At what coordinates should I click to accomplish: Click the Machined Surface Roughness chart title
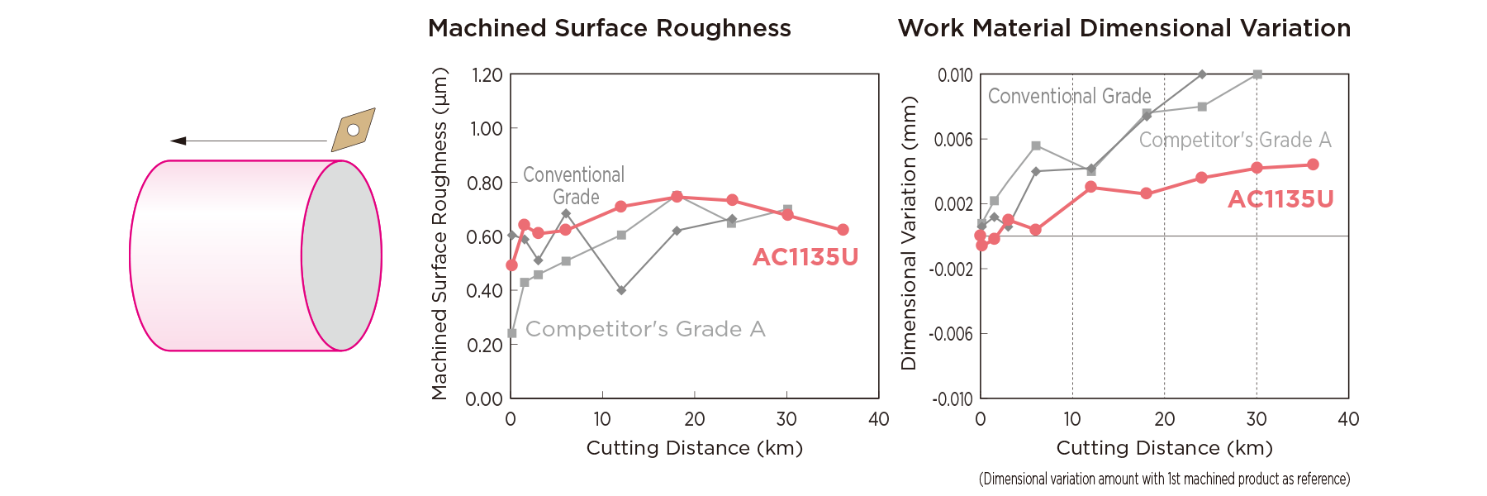point(609,28)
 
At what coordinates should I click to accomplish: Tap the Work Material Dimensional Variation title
point(1124,28)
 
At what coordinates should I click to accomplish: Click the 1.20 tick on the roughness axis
point(487,75)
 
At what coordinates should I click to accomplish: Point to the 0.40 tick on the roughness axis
point(485,291)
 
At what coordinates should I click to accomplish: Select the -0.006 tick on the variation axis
point(951,334)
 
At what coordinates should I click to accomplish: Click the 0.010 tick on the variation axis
point(955,75)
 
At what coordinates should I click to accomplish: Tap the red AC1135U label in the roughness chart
point(805,257)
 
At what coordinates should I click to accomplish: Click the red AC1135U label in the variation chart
point(1280,199)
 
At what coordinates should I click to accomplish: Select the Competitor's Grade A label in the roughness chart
point(645,329)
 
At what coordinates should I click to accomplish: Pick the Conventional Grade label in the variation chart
point(1069,97)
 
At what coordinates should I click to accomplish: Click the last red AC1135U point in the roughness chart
point(843,230)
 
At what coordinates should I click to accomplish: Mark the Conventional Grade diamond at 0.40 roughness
point(621,290)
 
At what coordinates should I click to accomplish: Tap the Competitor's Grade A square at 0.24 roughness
point(512,333)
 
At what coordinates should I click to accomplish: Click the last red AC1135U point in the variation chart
point(1313,165)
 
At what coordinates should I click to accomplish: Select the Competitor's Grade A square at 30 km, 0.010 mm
point(1257,74)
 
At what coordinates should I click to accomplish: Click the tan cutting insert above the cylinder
point(354,130)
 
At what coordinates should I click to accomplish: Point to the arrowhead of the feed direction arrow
point(178,141)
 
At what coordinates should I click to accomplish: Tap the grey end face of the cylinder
point(341,255)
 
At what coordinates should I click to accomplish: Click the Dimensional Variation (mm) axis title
point(909,233)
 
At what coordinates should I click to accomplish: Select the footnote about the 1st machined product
point(1164,479)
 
